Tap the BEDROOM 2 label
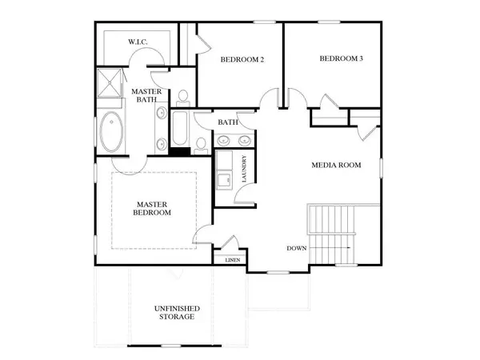[220, 60]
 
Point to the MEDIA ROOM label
[336, 166]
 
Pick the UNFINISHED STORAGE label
[177, 312]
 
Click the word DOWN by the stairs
[297, 248]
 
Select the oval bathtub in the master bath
[111, 134]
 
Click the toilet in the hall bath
[199, 143]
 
